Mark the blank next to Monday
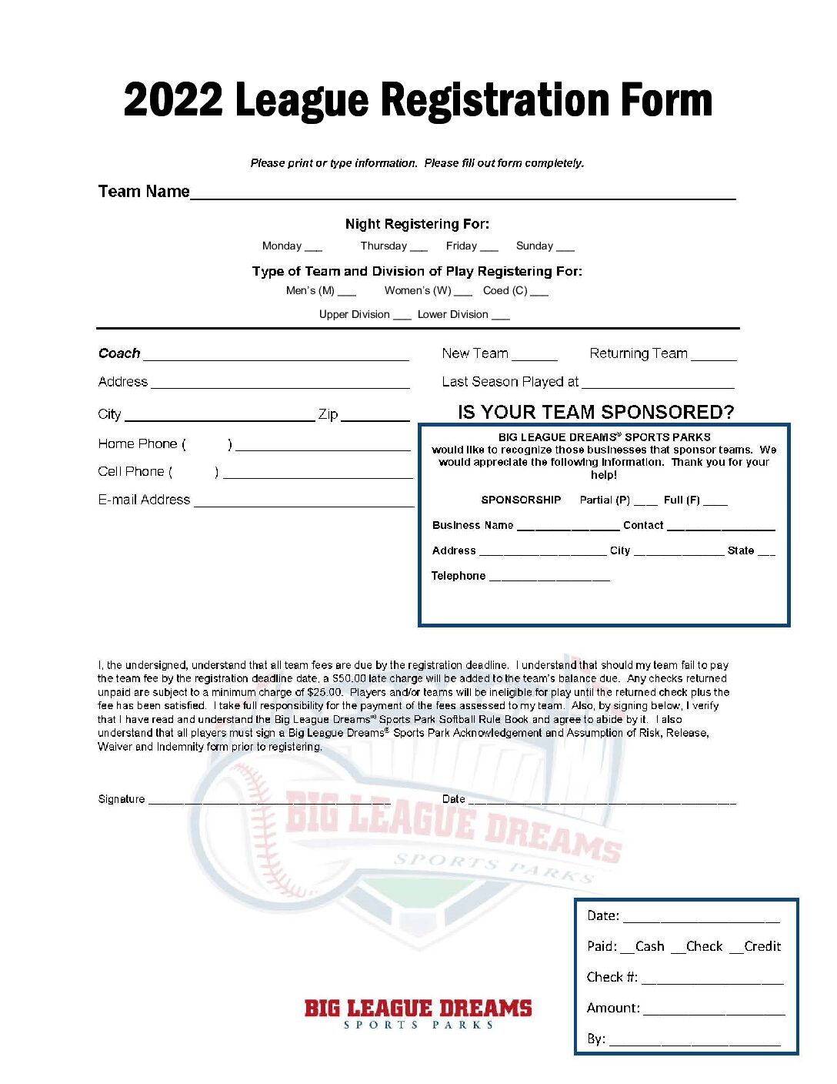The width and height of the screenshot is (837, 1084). [x=313, y=248]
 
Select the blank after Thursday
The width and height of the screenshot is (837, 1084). [x=418, y=248]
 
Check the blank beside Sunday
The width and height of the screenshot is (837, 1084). [x=565, y=248]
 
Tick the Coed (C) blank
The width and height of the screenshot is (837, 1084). [x=539, y=293]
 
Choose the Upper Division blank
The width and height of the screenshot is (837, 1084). [x=402, y=316]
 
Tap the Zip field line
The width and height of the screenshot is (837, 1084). [x=375, y=417]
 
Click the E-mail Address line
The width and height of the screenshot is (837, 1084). [x=304, y=503]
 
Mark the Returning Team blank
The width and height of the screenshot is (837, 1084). [x=713, y=356]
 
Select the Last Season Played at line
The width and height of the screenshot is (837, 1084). [x=658, y=384]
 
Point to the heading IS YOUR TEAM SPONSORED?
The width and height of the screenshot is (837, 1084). [x=595, y=412]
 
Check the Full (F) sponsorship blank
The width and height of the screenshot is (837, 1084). [x=715, y=502]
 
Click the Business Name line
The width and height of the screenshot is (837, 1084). [x=568, y=528]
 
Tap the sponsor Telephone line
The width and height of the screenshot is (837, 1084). [x=549, y=578]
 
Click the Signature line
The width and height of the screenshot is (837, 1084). [x=269, y=801]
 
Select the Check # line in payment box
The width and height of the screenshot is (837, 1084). [x=712, y=980]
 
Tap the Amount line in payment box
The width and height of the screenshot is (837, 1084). [x=714, y=1011]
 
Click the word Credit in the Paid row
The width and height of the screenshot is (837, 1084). [x=762, y=946]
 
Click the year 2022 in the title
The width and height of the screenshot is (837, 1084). [x=173, y=101]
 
